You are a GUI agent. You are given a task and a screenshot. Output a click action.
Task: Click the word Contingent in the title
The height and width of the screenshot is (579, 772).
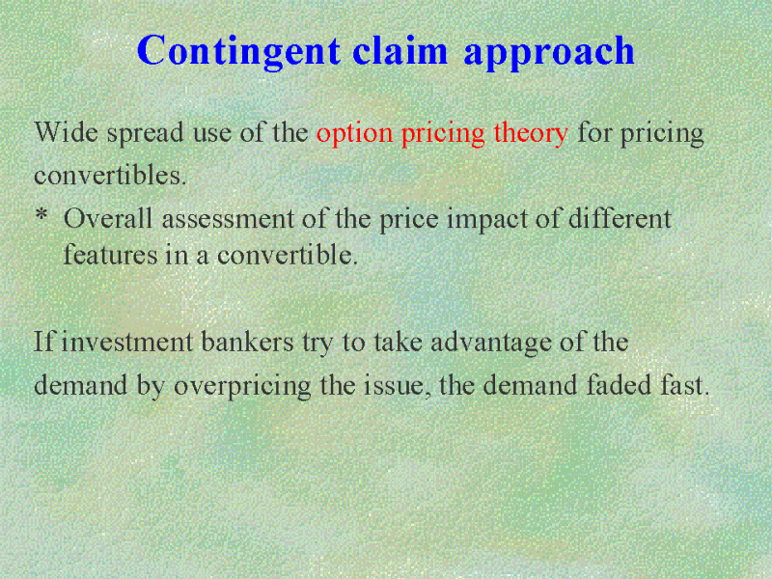238,52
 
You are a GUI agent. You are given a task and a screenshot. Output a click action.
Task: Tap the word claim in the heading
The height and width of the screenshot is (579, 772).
400,50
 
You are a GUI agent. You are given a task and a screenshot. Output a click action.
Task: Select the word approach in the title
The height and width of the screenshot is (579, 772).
549,53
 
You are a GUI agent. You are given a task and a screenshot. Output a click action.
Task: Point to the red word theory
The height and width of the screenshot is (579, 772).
531,134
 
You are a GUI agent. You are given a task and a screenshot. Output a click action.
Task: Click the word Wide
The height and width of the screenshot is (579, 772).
66,132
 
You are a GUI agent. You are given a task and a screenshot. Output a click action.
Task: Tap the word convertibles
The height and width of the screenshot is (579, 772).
110,176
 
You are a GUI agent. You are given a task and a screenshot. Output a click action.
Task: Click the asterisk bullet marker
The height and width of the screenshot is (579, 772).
41,214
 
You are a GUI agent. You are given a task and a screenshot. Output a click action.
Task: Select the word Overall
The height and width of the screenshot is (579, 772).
108,219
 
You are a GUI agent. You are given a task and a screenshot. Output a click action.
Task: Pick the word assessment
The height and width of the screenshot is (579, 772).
228,220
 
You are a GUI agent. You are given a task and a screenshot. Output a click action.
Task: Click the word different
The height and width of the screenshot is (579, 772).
620,219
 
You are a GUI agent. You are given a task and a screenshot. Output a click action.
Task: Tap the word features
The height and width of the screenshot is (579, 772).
111,255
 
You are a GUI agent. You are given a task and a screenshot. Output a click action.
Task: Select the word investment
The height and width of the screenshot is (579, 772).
127,343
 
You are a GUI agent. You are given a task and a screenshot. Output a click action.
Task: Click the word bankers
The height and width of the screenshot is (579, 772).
248,343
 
